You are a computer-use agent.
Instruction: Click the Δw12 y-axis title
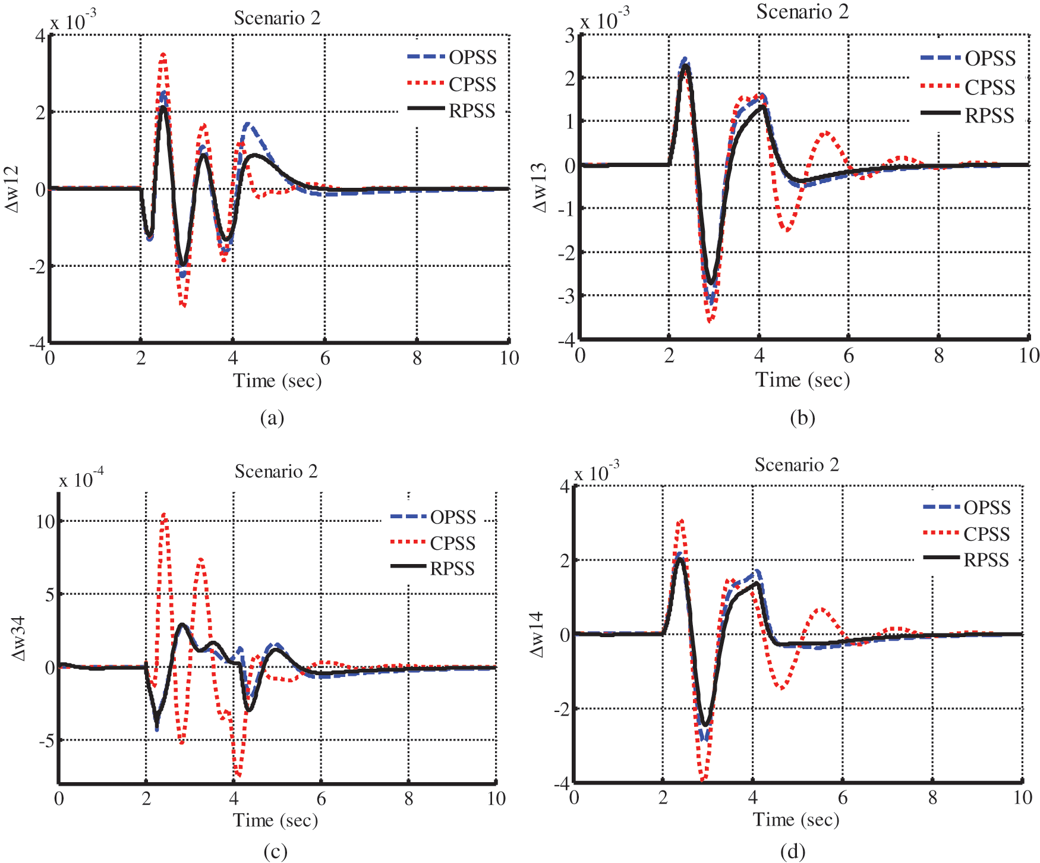12,189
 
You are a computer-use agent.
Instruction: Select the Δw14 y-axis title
537,634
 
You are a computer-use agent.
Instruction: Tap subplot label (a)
272,418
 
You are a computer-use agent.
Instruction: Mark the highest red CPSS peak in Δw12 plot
163,55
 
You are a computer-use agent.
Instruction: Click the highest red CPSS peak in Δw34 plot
164,515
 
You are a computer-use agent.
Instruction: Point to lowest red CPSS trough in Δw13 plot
710,321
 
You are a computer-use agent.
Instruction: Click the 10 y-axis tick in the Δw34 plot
45,521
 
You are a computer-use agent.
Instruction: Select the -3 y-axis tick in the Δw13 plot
566,296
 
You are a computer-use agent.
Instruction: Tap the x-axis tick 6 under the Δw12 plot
324,358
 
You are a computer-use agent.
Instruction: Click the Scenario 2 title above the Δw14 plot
796,464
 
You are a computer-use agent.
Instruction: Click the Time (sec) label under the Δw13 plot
802,379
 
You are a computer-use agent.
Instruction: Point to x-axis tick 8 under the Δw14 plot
932,797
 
